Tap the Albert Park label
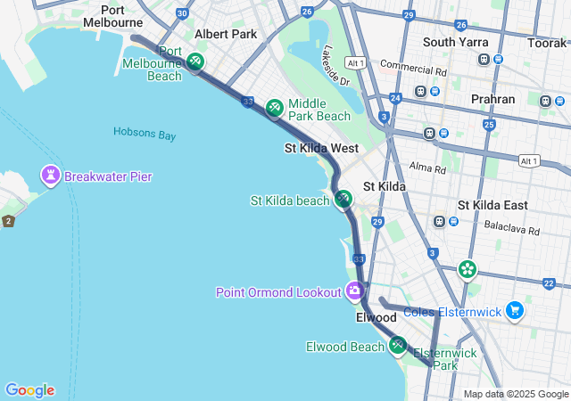point(226,34)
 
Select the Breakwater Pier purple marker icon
point(50,176)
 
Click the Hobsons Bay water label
point(145,133)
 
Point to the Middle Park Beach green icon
point(275,109)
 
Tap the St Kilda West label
point(321,148)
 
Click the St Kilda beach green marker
point(343,200)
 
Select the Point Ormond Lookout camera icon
point(354,291)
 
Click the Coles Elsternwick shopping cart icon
point(514,311)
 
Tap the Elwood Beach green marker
point(397,346)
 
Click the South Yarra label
point(454,42)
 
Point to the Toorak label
point(546,42)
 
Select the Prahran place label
point(492,99)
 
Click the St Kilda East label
point(492,205)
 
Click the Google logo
point(29,390)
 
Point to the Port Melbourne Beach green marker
point(195,62)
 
